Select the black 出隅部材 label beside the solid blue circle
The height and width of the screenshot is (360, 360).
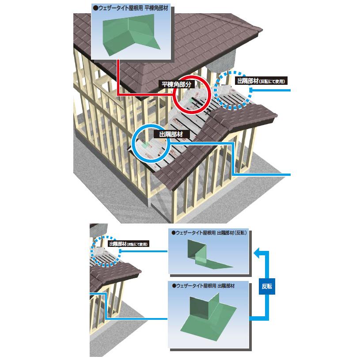171,133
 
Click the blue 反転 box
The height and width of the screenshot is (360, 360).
266,286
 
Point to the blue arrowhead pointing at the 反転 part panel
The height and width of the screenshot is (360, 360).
257,254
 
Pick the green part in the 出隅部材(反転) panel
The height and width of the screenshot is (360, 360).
201,257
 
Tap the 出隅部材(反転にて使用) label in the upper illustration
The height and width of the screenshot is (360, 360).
262,81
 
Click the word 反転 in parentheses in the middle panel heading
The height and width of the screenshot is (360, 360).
240,233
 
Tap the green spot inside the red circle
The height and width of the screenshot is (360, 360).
190,101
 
